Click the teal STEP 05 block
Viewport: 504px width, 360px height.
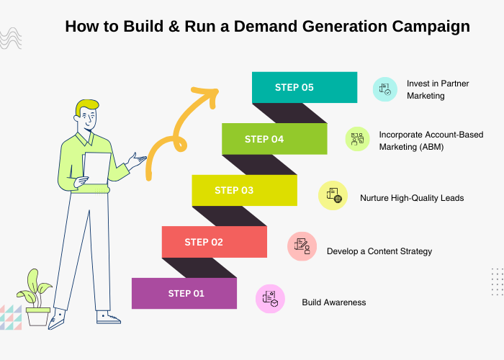(x=305, y=87)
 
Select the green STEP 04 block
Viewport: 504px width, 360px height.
(x=274, y=139)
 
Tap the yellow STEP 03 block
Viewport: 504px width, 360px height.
(x=244, y=190)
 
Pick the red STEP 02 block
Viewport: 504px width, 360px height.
(x=215, y=242)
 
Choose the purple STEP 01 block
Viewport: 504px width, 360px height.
(x=184, y=294)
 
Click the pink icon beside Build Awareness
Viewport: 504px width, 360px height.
(x=270, y=299)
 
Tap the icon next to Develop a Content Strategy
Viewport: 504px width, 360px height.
(x=302, y=246)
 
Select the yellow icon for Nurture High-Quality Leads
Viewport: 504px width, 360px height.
(x=333, y=195)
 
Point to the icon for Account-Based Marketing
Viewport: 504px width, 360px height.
(x=357, y=139)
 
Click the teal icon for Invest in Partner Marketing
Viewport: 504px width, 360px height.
(x=384, y=89)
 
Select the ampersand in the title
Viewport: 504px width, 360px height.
(x=174, y=26)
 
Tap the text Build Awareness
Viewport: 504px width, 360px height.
(x=334, y=302)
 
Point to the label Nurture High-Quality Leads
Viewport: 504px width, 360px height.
(x=412, y=198)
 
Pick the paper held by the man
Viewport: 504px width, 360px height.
(x=96, y=168)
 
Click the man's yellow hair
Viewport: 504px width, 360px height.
(x=86, y=106)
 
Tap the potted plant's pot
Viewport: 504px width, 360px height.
(x=38, y=317)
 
